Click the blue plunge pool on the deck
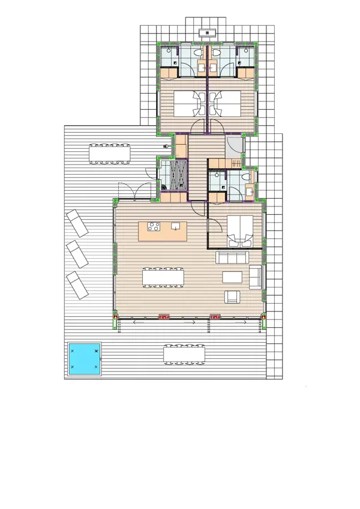coord(83,359)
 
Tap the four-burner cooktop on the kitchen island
coord(153,227)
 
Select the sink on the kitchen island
coord(175,226)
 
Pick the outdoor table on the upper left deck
coord(109,154)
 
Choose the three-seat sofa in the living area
coord(232,258)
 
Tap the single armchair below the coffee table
coord(232,297)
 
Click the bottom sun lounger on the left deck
coord(78,285)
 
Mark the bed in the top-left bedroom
coord(187,103)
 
